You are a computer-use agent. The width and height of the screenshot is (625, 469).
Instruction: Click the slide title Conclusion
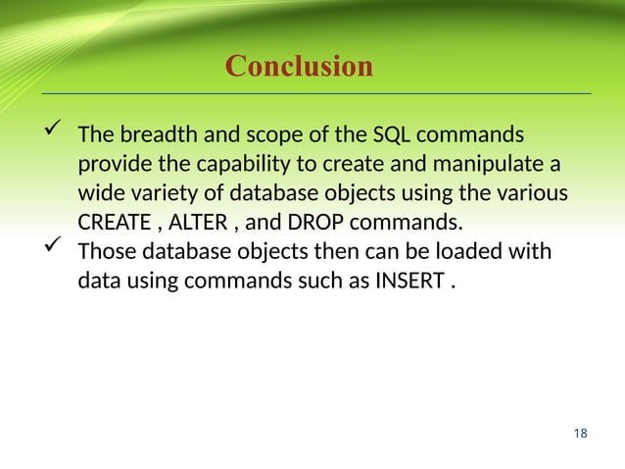[x=299, y=67]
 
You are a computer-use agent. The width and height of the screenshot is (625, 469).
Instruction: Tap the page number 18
[x=581, y=433]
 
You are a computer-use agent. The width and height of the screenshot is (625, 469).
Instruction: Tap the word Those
[x=105, y=252]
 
